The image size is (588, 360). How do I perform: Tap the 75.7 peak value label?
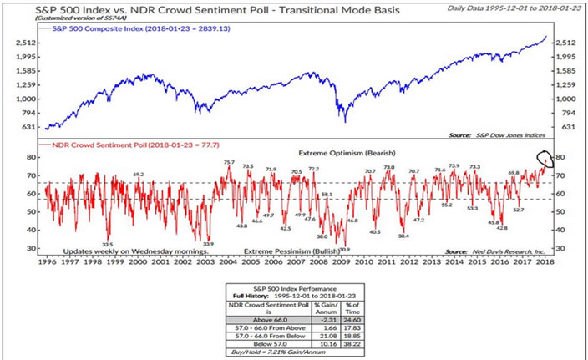[229, 162]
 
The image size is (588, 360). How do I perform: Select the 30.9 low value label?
[343, 249]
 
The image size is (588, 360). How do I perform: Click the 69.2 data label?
[139, 175]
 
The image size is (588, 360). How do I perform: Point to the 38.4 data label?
[403, 236]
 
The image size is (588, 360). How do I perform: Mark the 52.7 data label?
[517, 209]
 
